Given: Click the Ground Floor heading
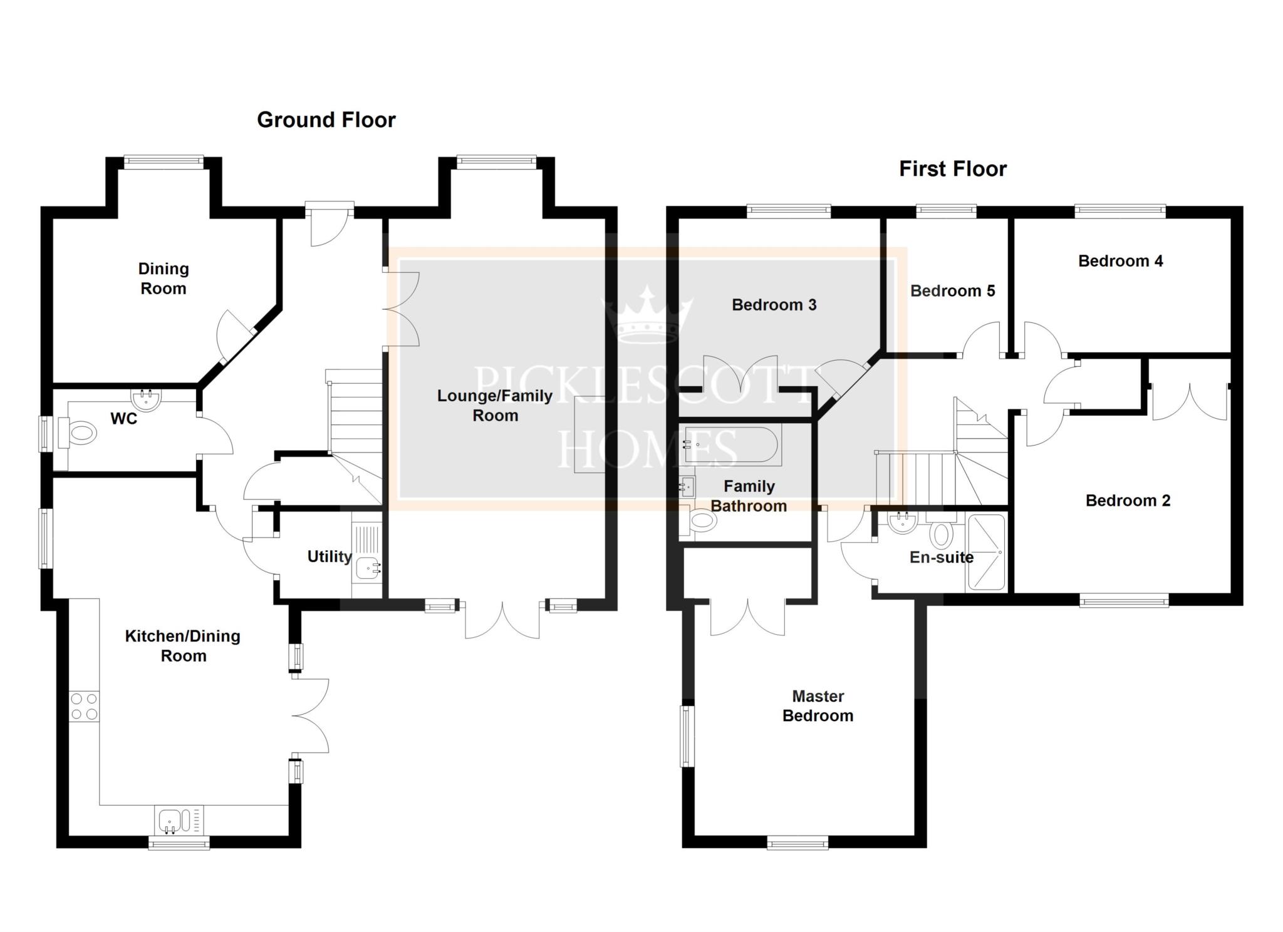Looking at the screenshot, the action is pos(326,120).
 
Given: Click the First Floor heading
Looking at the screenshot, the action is pos(953,168).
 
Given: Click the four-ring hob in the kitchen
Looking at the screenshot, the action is pos(84,706).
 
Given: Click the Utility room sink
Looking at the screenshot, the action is pos(368,568).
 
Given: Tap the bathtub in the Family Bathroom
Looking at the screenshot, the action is pos(731,446).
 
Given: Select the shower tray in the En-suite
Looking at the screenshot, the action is pos(987,551).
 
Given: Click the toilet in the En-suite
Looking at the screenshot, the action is pos(941,533).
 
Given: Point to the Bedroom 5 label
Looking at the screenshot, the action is pos(952,290).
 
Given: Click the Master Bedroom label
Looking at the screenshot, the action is pos(818,705).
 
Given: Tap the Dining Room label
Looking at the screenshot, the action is pos(164,279).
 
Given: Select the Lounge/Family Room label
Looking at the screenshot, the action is pos(495,405).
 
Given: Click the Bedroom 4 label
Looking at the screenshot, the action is pos(1120,261).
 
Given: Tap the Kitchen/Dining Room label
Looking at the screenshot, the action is pos(183,645).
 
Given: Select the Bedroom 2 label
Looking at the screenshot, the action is pos(1128,501).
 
